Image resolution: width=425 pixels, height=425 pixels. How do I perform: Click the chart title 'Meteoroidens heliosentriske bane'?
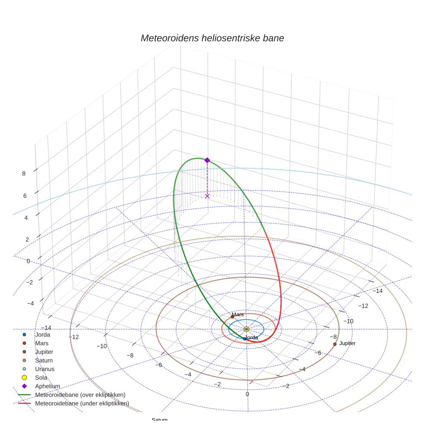[x=212, y=38]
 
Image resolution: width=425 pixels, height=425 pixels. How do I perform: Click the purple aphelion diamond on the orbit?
[x=207, y=160]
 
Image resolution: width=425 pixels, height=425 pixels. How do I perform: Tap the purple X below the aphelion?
[x=207, y=196]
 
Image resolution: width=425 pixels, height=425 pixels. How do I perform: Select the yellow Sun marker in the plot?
[x=246, y=329]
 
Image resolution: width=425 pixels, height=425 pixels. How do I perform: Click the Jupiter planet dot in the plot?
[x=335, y=344]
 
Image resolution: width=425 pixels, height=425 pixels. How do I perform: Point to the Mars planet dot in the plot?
[x=232, y=317]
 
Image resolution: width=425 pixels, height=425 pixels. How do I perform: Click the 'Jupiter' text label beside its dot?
[x=347, y=343]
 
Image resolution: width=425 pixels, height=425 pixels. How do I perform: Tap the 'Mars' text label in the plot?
[x=238, y=314]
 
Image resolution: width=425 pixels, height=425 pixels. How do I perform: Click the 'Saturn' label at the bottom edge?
[x=159, y=420]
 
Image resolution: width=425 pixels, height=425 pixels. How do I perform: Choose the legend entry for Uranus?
[x=44, y=369]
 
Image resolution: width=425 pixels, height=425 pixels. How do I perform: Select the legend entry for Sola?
[x=41, y=378]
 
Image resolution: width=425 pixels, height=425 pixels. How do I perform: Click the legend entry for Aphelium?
[x=48, y=386]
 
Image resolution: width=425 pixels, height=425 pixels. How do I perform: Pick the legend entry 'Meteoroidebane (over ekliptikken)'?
[x=80, y=395]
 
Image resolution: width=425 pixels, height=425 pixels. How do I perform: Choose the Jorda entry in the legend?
[x=42, y=335]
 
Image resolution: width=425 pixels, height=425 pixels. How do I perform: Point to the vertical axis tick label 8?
[x=24, y=174]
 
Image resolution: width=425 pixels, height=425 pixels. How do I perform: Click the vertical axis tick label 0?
[x=28, y=261]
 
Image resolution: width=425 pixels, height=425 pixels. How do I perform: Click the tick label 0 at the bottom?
[x=247, y=394]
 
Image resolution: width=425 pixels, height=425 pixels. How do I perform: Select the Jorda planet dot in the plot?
[x=244, y=339]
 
